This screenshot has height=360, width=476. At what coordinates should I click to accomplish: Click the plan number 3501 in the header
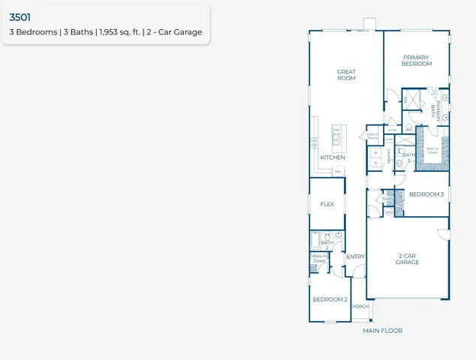(x=20, y=14)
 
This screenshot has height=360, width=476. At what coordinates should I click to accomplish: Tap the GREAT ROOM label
(x=345, y=75)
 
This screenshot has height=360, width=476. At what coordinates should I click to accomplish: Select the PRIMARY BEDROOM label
(x=417, y=61)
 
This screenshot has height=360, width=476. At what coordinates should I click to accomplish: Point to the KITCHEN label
(x=333, y=157)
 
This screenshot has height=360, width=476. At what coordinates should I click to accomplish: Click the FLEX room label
(x=327, y=204)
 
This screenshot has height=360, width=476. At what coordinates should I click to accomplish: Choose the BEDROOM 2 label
(x=330, y=299)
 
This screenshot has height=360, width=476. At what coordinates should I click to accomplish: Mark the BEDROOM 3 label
(x=426, y=194)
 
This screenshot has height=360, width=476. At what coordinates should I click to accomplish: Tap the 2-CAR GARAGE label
(x=407, y=259)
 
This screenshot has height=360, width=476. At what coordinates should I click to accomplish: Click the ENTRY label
(x=355, y=257)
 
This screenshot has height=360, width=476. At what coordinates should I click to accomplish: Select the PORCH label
(x=360, y=306)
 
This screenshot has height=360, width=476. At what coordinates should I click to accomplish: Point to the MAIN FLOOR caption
(x=382, y=331)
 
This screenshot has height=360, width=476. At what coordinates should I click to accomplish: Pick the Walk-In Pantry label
(x=369, y=136)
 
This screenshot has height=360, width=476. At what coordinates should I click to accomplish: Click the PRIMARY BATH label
(x=435, y=109)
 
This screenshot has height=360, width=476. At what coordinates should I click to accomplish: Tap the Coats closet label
(x=388, y=199)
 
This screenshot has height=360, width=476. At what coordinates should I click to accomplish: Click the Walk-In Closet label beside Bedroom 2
(x=319, y=259)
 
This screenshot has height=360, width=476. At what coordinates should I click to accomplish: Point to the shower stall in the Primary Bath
(x=411, y=98)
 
